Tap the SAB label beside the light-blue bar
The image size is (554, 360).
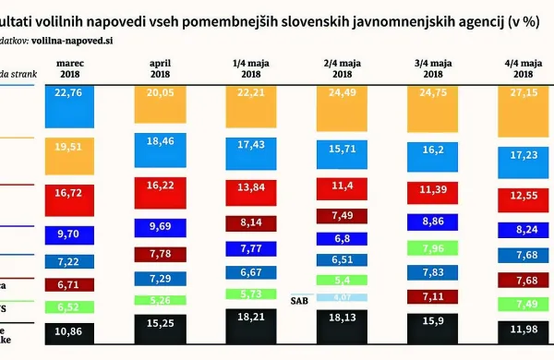point(298,300)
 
